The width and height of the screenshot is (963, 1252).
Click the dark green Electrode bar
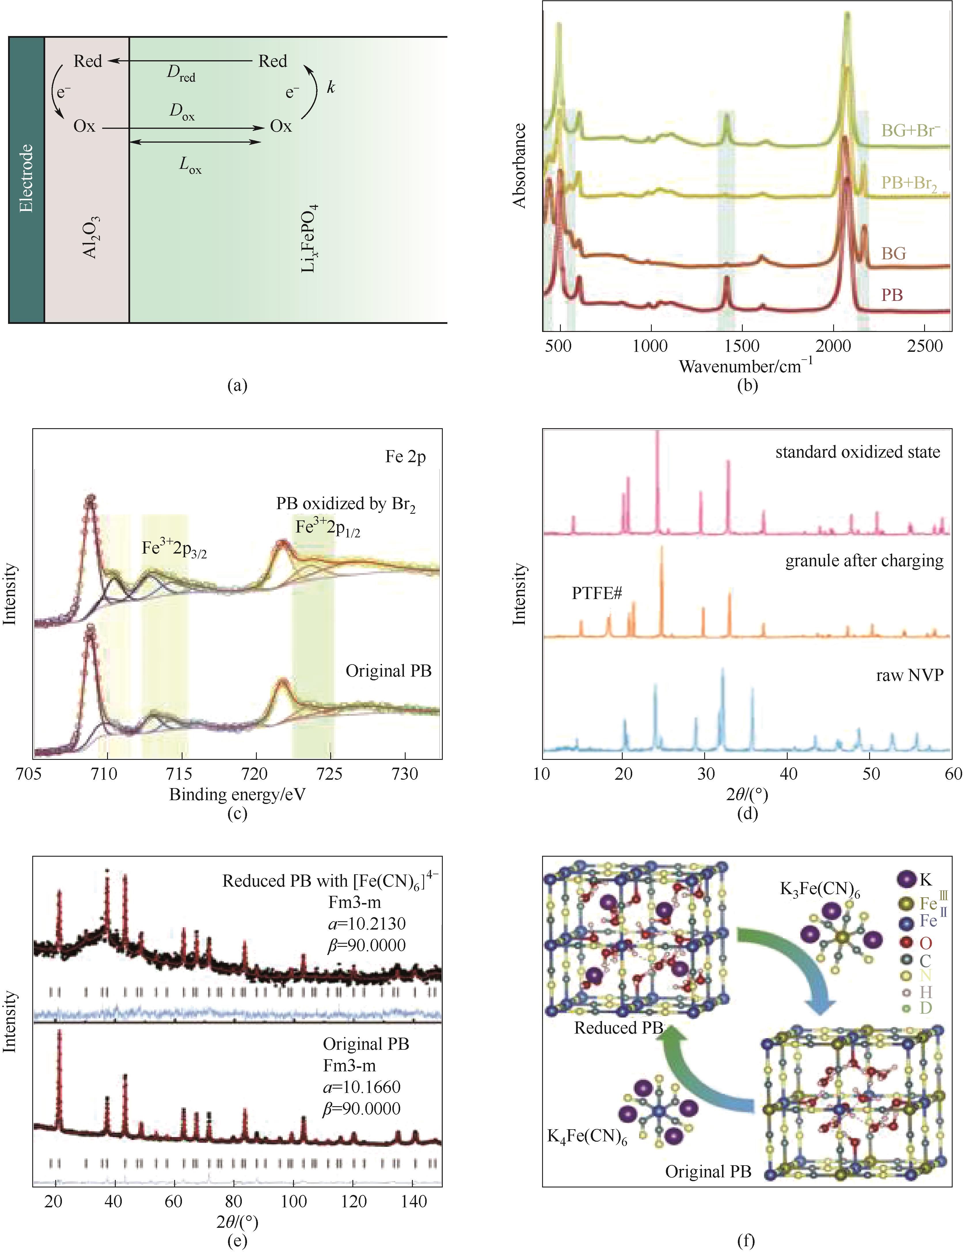click(26, 179)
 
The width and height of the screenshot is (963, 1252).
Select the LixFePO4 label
click(309, 238)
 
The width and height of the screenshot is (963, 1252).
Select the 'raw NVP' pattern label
click(909, 675)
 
